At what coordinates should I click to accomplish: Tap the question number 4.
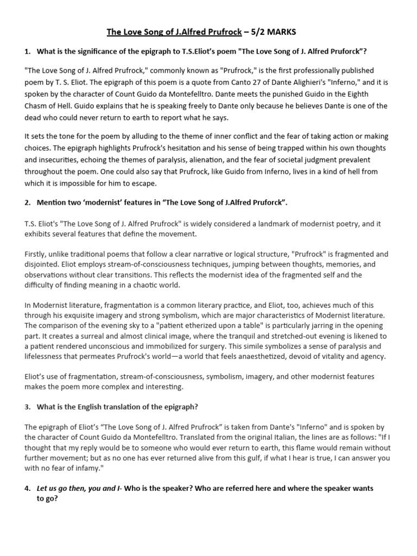coord(27,488)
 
